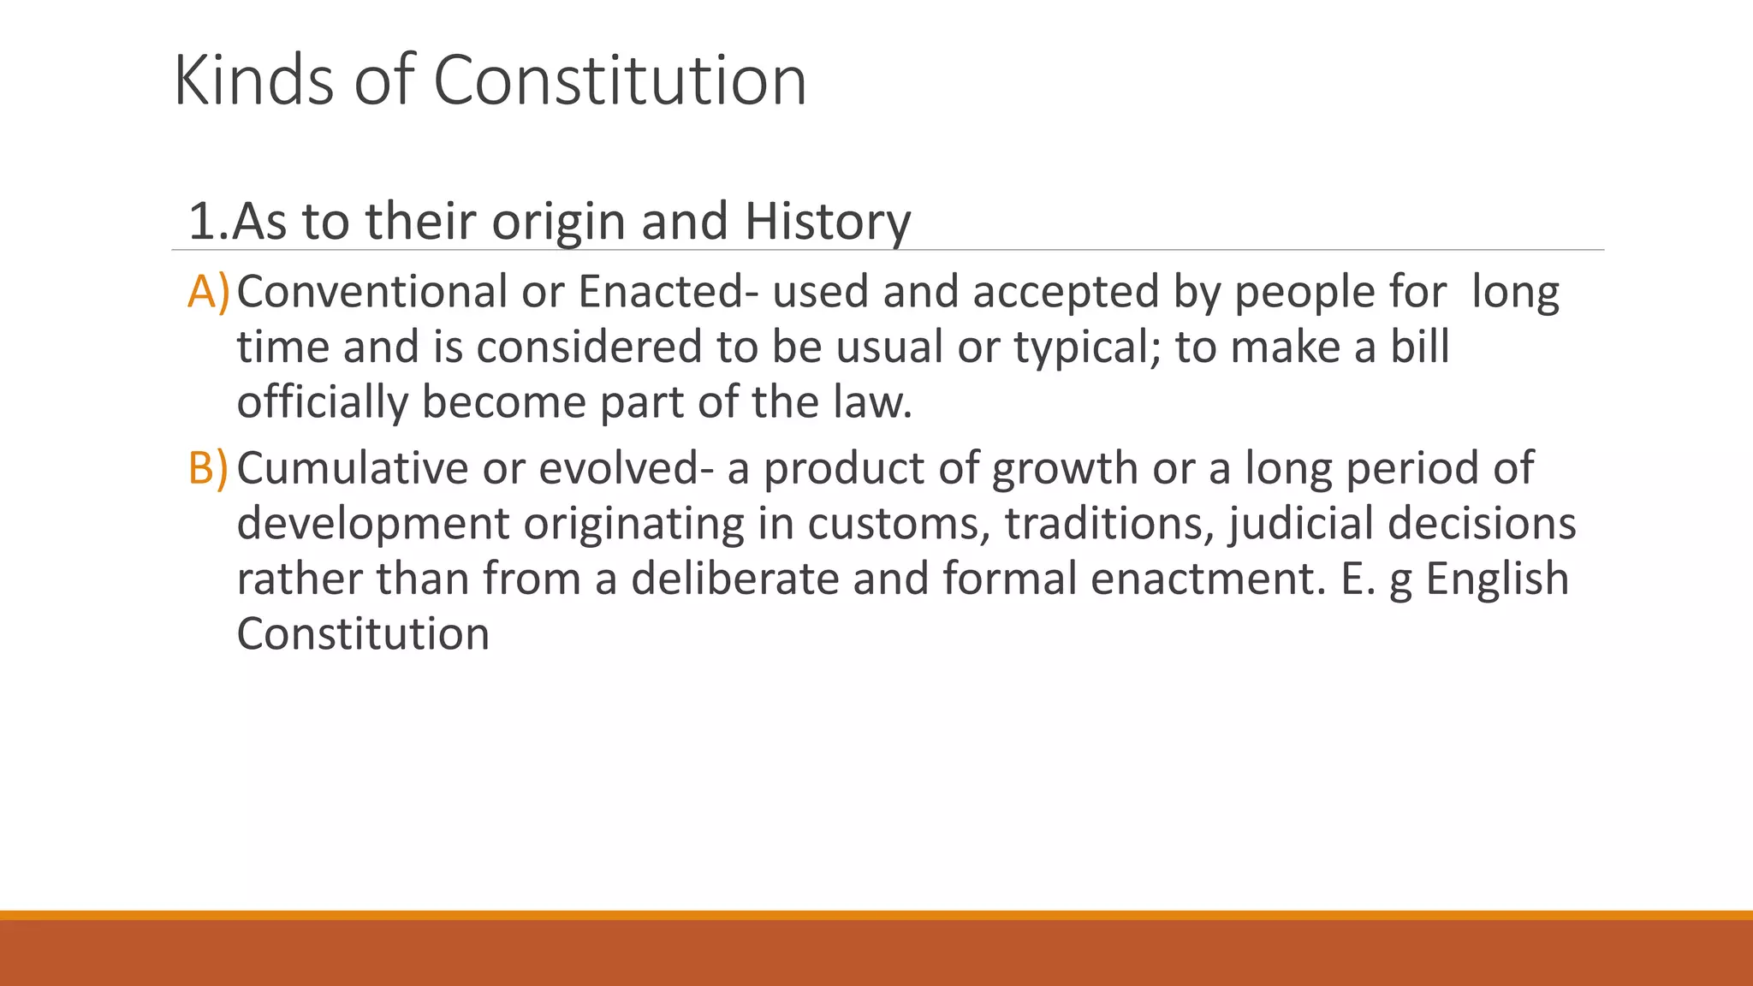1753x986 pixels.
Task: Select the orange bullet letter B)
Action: pos(208,468)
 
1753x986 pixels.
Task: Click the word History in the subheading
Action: pos(828,221)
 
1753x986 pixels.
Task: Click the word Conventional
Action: pos(371,292)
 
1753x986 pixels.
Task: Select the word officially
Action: pos(322,402)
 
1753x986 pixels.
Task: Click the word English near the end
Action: pos(1497,579)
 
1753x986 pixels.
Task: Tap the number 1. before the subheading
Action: pos(208,221)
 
